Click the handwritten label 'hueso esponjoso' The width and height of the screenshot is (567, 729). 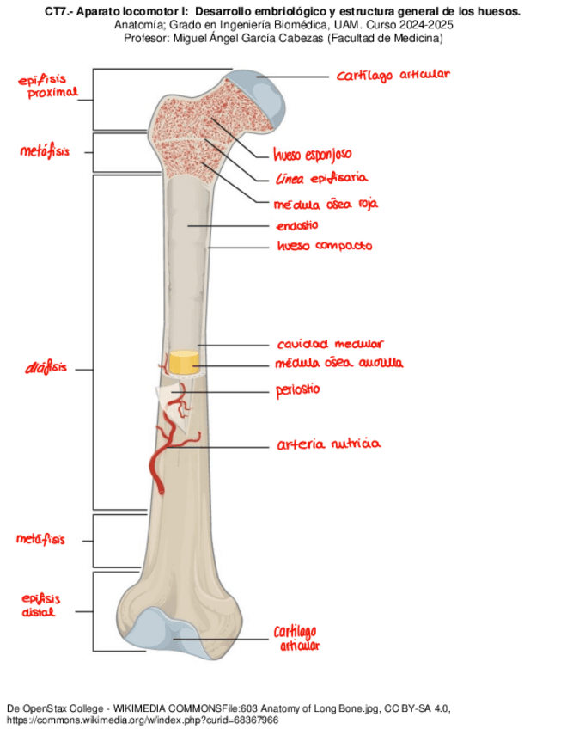(312, 155)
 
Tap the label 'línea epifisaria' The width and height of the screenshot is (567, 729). (321, 179)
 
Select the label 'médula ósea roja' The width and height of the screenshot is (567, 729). (325, 205)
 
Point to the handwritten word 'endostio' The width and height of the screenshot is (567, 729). (297, 225)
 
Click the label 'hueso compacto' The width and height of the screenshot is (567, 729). (324, 246)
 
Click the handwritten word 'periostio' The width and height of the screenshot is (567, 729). (297, 390)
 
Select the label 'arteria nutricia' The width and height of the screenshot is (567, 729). (328, 444)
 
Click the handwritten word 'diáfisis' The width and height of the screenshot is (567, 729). (46, 369)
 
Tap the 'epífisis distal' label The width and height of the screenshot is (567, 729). (40, 604)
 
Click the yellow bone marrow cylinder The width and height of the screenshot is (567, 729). (182, 362)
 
